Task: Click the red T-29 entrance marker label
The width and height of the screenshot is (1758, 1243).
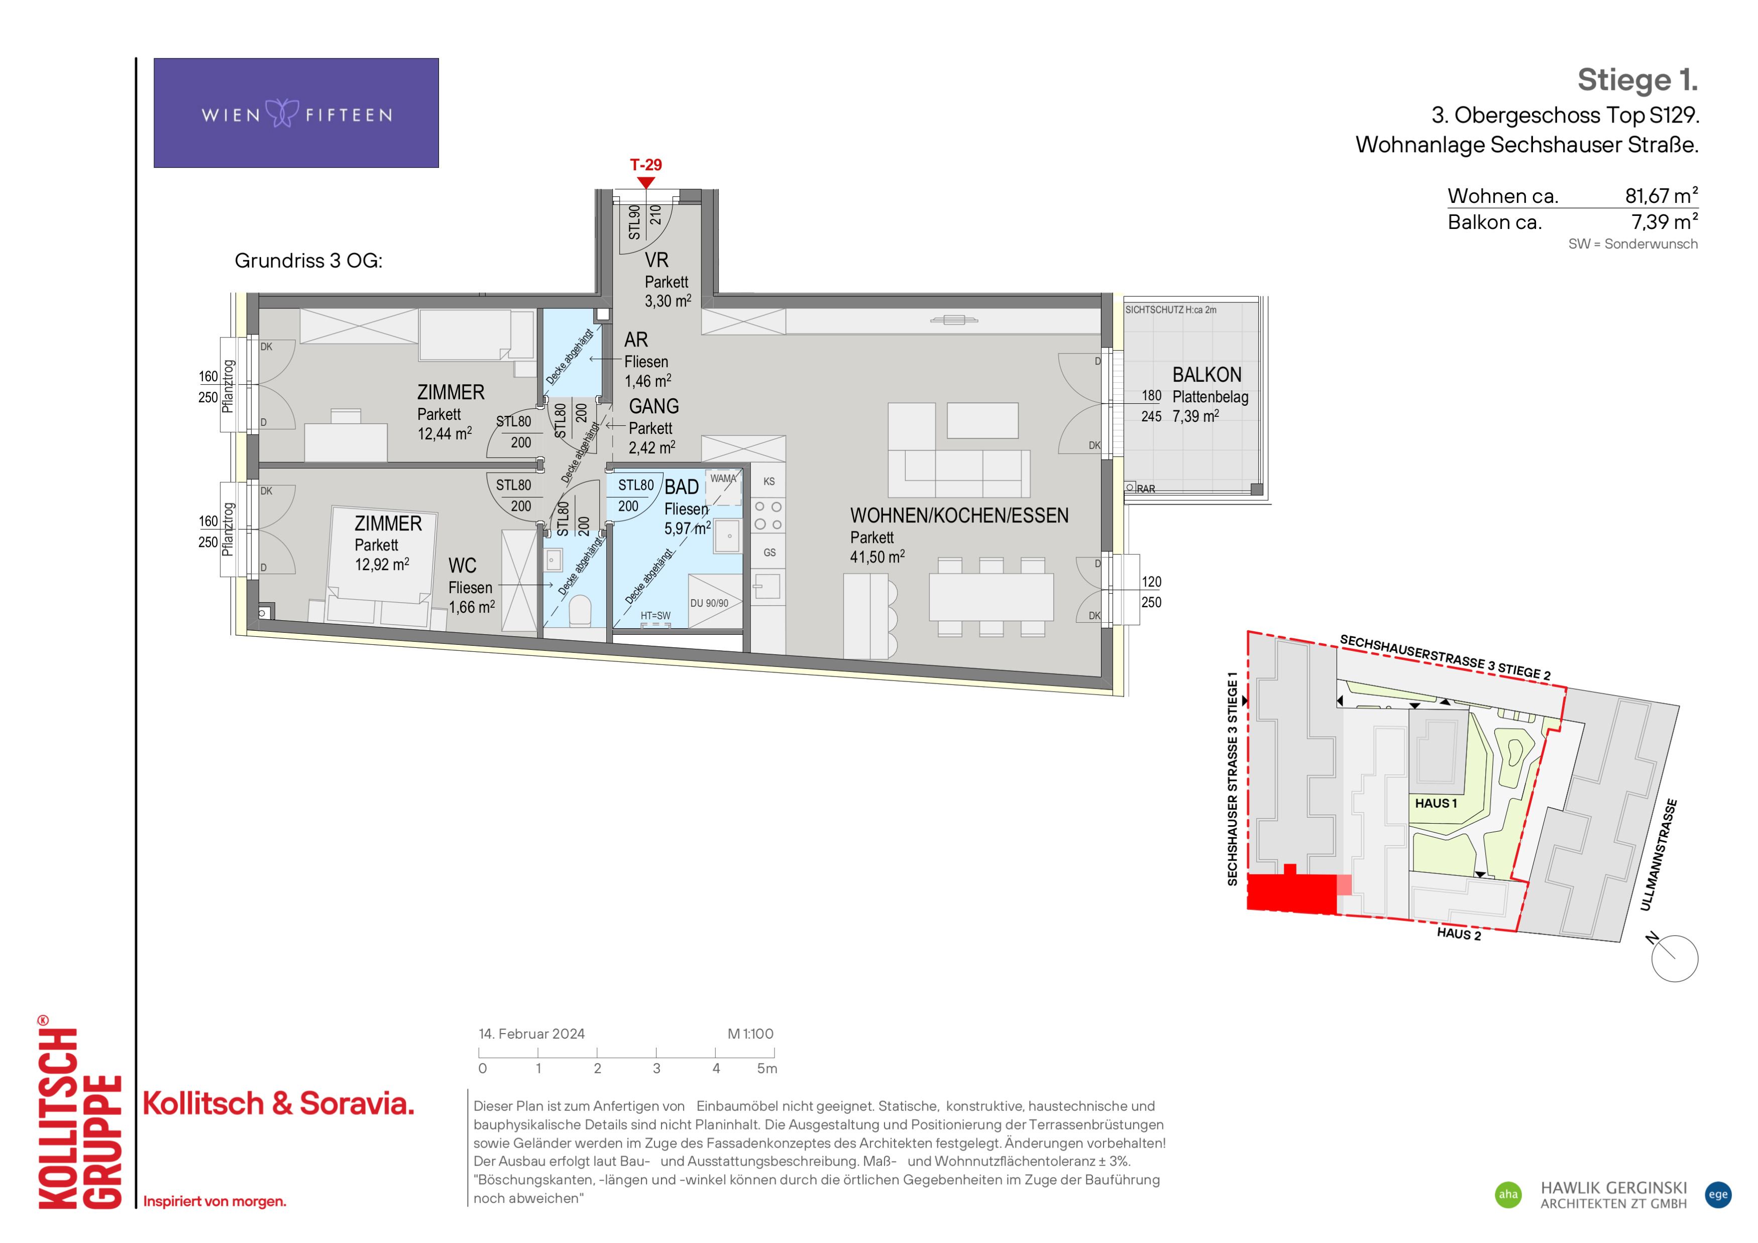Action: pos(645,165)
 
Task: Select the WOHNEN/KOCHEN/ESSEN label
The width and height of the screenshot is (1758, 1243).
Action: pos(959,515)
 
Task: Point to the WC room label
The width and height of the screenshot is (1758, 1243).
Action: pos(463,566)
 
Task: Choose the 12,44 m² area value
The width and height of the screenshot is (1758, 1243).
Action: pos(444,433)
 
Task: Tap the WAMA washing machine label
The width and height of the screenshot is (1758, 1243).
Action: pos(723,479)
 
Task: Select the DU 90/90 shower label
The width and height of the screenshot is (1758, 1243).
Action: pos(709,603)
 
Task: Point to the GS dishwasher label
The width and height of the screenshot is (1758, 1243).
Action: pos(770,552)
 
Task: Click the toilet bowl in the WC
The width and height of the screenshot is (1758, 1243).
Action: pos(580,612)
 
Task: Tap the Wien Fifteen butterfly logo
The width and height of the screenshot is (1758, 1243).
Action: pos(282,114)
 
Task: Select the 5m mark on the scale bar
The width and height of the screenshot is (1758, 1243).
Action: pos(766,1069)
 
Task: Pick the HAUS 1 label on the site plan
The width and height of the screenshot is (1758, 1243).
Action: pos(1436,803)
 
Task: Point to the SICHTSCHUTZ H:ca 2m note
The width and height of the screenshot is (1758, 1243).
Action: pos(1170,310)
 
